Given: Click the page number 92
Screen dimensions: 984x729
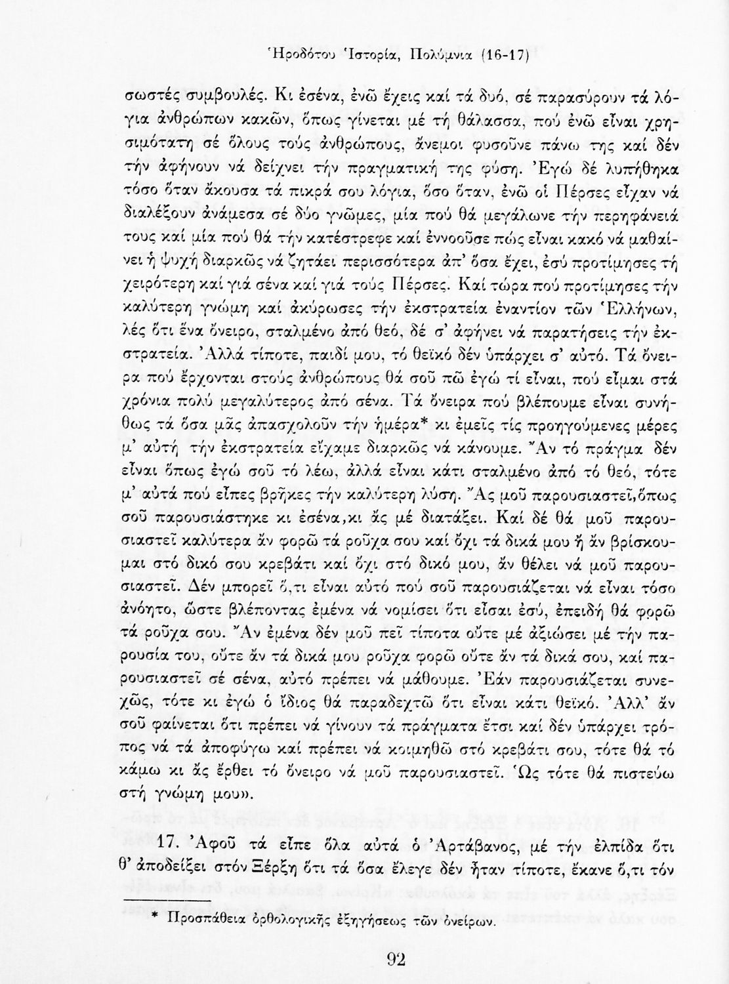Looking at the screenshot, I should [396, 960].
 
